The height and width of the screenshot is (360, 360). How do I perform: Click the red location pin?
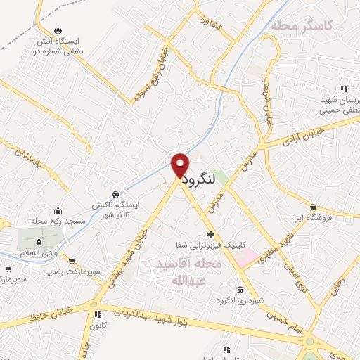click(180, 165)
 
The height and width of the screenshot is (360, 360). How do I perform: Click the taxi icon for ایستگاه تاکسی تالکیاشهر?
click(115, 192)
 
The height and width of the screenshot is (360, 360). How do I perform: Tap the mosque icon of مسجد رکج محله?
click(58, 210)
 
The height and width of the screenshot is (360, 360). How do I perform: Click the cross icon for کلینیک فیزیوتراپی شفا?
click(210, 233)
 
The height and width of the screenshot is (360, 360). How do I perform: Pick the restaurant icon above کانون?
click(98, 314)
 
